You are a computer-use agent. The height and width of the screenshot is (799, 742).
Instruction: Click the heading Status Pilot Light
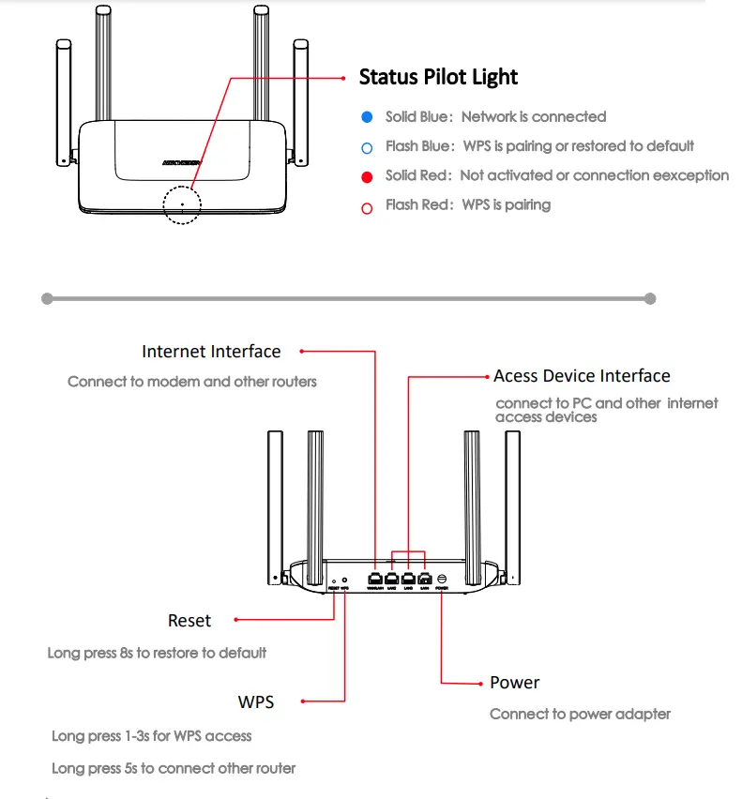click(x=438, y=77)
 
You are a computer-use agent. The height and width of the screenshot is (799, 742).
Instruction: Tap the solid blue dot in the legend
click(x=367, y=117)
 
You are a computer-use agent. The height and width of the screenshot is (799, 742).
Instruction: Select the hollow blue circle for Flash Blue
click(x=367, y=147)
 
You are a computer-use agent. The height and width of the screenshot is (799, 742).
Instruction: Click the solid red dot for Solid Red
click(x=367, y=176)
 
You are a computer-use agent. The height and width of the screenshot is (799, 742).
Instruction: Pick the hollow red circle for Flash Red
click(x=367, y=206)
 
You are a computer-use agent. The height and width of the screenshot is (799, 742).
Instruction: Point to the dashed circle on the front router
click(x=181, y=204)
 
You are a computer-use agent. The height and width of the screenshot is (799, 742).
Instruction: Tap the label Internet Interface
click(x=211, y=352)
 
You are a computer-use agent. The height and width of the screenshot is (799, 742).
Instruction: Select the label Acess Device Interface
click(x=582, y=376)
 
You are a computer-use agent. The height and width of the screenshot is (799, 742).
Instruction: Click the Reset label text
click(x=189, y=620)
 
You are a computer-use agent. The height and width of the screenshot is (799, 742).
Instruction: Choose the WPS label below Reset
click(x=256, y=701)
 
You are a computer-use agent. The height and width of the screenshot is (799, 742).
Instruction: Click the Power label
click(x=515, y=683)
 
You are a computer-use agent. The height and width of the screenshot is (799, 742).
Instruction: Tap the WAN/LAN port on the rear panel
click(x=375, y=580)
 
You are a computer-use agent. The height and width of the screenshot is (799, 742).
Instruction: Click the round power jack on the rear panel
click(x=442, y=579)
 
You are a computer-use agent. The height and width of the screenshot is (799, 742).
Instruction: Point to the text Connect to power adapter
click(x=580, y=714)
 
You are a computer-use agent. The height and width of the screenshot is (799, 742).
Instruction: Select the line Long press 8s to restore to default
click(x=157, y=653)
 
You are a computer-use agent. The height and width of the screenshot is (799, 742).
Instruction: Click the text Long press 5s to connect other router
click(x=174, y=768)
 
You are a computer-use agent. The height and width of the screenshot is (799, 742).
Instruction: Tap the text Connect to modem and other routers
click(x=192, y=382)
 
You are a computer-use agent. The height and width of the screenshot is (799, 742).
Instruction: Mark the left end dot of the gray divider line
click(x=46, y=298)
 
